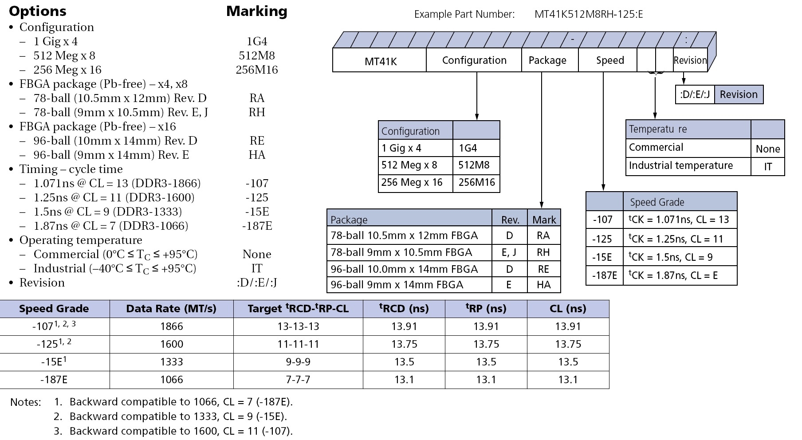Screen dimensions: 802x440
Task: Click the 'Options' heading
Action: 38,11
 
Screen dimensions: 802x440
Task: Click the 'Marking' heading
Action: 257,11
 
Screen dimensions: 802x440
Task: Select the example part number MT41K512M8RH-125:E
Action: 589,14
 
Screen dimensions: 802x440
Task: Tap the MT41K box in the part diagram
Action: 380,60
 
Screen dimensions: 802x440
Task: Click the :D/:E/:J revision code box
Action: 695,94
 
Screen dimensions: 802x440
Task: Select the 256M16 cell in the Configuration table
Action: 476,183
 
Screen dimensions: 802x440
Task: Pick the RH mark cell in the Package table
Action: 543,252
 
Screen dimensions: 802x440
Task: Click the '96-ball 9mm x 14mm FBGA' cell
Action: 409,285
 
